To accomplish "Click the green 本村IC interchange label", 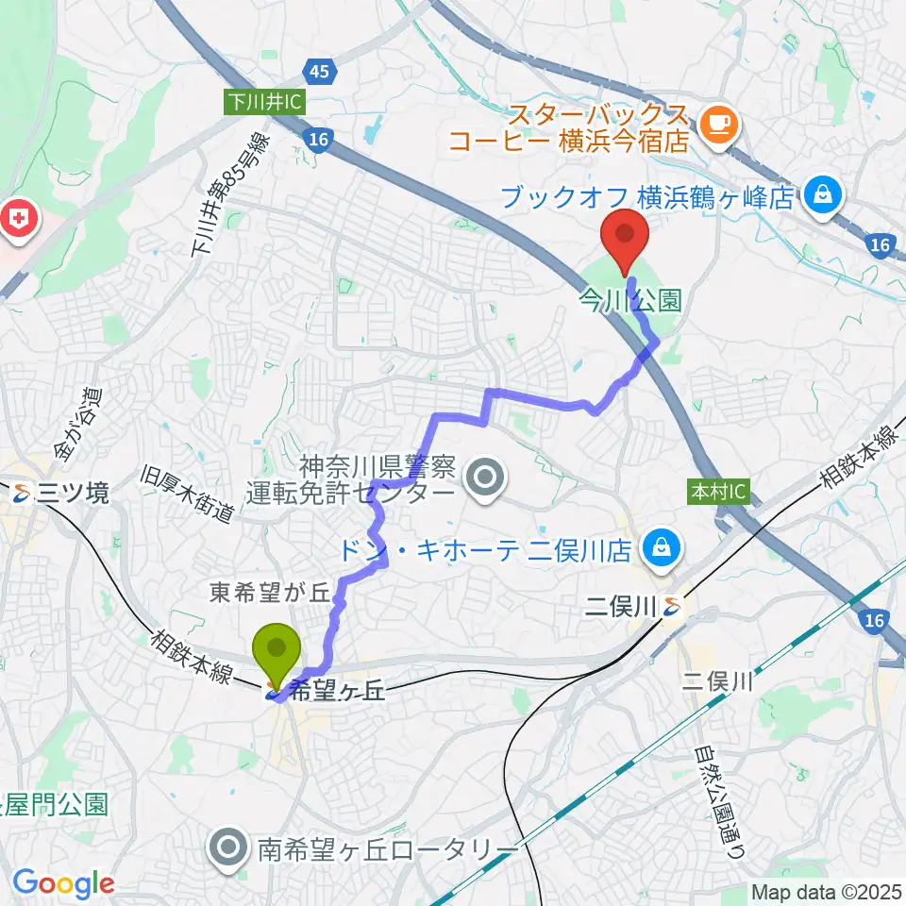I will click(x=717, y=493).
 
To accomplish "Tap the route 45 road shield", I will click(x=318, y=71).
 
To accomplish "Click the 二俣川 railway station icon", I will click(x=671, y=607).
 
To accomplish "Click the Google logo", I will click(x=63, y=883).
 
